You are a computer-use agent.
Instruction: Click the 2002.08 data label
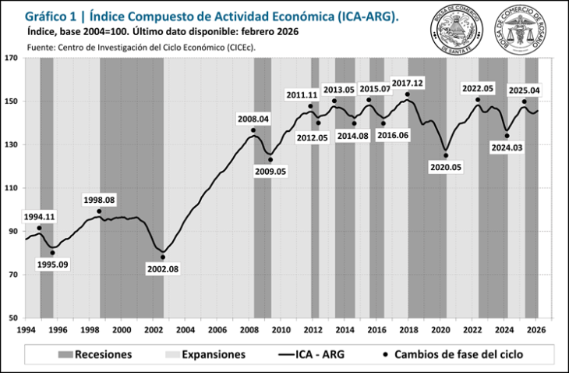pyautogui.click(x=162, y=269)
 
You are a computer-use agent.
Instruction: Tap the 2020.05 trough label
pyautogui.click(x=446, y=166)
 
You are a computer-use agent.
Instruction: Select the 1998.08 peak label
pyautogui.click(x=99, y=201)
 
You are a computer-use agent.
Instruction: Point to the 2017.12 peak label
pyautogui.click(x=407, y=83)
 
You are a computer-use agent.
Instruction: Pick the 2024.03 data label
pyautogui.click(x=507, y=147)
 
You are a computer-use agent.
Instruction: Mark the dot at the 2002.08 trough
pyautogui.click(x=163, y=257)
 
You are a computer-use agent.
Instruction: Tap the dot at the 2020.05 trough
pyautogui.click(x=446, y=155)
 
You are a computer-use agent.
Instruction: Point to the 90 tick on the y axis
pyautogui.click(x=13, y=232)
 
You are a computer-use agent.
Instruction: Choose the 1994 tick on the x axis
pyautogui.click(x=26, y=330)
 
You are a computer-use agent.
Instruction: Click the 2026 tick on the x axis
pyautogui.click(x=536, y=330)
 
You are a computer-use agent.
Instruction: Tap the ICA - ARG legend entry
pyautogui.click(x=312, y=355)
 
